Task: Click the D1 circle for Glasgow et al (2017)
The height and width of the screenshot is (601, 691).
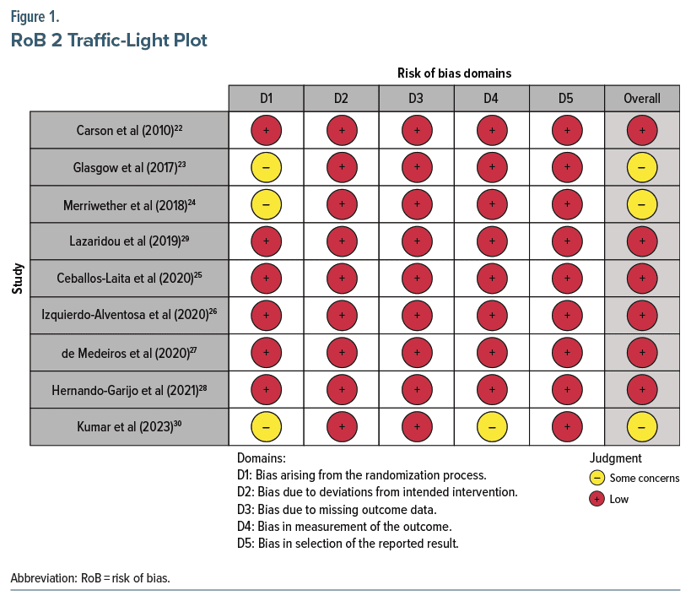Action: coord(266,168)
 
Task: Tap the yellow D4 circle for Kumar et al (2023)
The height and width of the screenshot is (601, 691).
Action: coord(491,427)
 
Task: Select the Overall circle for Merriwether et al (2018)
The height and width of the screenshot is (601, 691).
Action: coord(641,205)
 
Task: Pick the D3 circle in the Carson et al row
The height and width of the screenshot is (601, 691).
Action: coord(416,131)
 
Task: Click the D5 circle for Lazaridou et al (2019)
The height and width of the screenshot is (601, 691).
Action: coord(566,242)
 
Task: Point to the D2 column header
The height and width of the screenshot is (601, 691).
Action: coord(341,99)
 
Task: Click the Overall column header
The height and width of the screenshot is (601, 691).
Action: coord(641,99)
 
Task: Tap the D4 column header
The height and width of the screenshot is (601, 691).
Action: coord(491,99)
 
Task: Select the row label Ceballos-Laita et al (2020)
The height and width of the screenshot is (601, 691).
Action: coord(129,279)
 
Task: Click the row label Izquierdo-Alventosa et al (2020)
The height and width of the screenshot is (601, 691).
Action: coord(129,316)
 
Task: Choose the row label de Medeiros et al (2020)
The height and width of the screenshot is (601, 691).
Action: coord(129,353)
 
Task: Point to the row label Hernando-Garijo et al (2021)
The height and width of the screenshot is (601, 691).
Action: coord(129,390)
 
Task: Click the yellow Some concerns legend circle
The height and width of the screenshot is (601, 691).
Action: coord(597,479)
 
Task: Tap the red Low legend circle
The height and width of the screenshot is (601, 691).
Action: coord(597,499)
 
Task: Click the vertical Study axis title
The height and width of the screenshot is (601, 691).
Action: coord(17,279)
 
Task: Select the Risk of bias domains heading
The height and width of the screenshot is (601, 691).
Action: coord(454,73)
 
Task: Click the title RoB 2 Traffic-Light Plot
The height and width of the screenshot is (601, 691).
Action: coord(109,40)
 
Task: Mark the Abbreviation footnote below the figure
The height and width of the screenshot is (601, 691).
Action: coord(89,579)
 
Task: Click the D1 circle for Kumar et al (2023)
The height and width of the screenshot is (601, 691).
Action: coord(266,427)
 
